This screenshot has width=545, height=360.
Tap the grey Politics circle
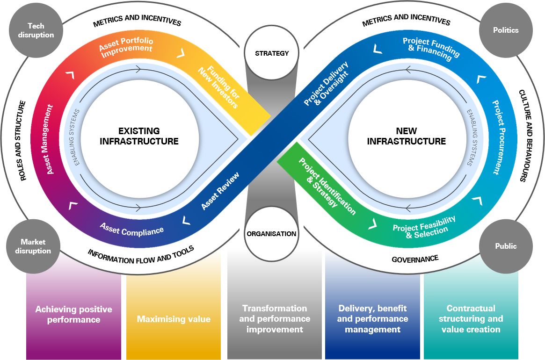pos(506,30)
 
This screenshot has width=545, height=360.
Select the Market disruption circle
pos(33,246)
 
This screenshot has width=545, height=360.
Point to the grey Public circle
pos(506,246)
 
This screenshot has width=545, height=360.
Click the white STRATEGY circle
pos(272,53)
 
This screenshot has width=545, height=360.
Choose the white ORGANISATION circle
pos(272,233)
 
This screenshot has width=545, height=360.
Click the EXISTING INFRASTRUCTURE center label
pos(139,136)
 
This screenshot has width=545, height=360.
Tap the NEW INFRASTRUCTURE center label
pos(406,136)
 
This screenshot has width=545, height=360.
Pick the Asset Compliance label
pos(132,229)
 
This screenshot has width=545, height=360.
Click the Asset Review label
pos(220,191)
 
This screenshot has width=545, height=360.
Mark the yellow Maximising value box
pos(174,319)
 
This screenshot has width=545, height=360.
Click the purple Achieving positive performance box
pos(74,315)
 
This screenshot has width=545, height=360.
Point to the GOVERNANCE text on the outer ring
pos(415,259)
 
